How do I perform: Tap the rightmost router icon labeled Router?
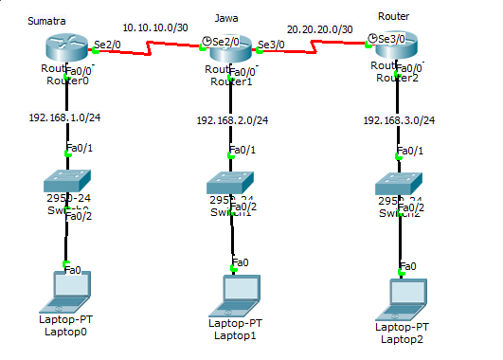[x=396, y=46]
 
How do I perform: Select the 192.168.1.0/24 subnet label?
[x=66, y=118]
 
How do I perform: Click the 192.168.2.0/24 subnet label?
[x=232, y=120]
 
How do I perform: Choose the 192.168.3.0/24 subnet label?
[x=399, y=120]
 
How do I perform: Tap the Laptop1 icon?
[x=232, y=295]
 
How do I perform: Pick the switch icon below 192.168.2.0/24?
[x=232, y=182]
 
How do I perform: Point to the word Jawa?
[x=226, y=18]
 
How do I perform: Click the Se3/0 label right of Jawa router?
[x=270, y=45]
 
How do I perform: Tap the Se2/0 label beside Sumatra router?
[x=107, y=43]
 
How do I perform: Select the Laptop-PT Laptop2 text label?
[x=402, y=333]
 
